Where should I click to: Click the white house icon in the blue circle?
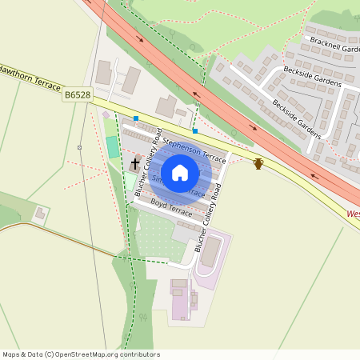[180, 172]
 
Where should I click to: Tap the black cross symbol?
[135, 164]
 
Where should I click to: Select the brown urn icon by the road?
[258, 164]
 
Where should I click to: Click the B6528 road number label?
[77, 95]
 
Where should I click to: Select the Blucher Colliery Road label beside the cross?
[149, 162]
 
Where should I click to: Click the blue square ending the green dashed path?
[136, 118]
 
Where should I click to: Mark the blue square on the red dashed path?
[194, 130]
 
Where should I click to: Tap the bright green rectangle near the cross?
[112, 147]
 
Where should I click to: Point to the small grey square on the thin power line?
[79, 147]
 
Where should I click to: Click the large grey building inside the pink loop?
[210, 253]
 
